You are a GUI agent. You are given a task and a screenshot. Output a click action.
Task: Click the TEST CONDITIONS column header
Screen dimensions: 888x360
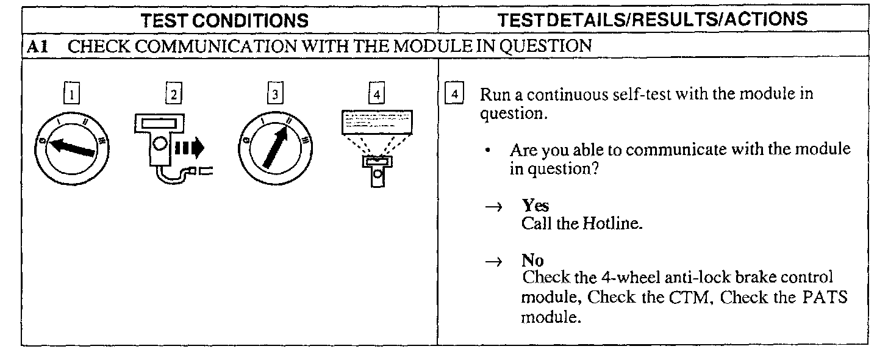225,21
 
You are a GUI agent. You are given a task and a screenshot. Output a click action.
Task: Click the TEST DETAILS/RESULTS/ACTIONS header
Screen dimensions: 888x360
653,20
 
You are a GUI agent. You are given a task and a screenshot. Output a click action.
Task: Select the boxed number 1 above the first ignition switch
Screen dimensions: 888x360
73,95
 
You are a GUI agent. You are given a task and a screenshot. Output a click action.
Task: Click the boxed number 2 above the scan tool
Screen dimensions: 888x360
174,95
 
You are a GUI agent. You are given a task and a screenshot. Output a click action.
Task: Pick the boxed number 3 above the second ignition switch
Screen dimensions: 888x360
276,95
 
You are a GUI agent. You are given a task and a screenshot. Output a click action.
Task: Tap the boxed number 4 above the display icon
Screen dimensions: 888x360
378,95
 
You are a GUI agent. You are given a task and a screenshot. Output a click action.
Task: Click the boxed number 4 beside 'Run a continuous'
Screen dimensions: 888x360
454,95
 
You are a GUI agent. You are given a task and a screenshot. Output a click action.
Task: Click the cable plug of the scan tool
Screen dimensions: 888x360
198,172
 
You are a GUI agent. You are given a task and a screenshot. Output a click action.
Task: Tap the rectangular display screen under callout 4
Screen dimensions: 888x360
376,123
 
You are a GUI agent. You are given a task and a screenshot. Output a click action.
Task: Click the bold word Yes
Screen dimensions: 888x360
535,206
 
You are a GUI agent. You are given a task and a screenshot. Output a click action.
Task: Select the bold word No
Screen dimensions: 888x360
532,261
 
